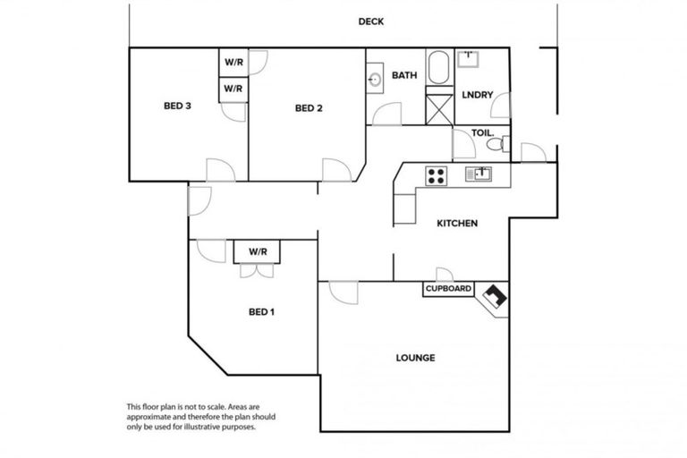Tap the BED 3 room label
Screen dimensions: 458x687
[x=177, y=106]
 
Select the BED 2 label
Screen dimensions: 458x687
[x=308, y=108]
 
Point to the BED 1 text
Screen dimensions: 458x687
[x=261, y=312]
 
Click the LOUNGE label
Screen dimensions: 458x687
[x=415, y=358]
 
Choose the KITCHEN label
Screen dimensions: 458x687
[x=456, y=224]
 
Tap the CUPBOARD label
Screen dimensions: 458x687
[x=448, y=289]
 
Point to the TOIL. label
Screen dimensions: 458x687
[x=482, y=132]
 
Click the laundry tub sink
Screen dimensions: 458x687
[x=469, y=59]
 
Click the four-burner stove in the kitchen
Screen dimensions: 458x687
[x=436, y=175]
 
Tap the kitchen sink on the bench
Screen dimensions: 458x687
[x=479, y=174]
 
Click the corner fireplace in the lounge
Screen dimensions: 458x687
[x=494, y=296]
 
